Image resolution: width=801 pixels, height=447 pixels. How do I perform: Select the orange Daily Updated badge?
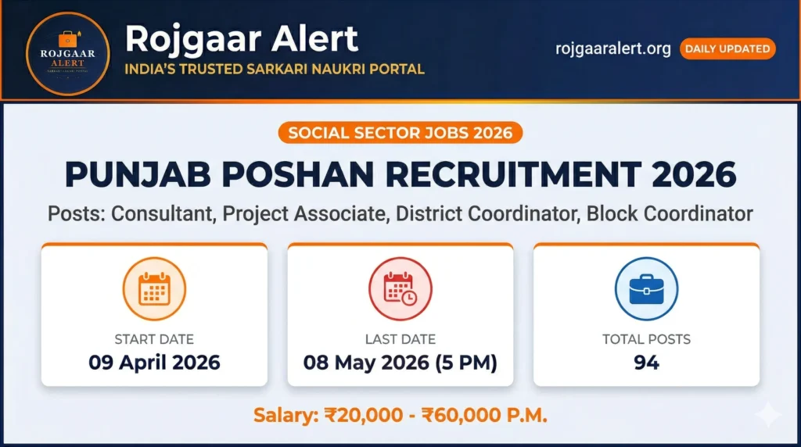point(727,48)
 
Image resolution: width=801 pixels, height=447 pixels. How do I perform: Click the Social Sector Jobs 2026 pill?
point(400,132)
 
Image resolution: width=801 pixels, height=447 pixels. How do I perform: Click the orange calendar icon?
point(154,289)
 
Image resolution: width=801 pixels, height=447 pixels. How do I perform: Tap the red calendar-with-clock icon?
point(400,289)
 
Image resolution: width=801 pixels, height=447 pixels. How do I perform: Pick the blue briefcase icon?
point(646,289)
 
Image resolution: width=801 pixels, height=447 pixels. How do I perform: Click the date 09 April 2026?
point(154,363)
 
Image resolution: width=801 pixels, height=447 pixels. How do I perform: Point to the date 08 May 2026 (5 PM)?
point(400,363)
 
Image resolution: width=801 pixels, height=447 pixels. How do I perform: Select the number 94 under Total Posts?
point(646,363)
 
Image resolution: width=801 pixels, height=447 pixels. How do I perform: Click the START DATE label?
point(154,339)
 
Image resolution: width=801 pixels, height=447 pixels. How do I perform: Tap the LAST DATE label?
point(400,339)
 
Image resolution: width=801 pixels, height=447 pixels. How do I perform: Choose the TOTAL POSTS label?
point(646,339)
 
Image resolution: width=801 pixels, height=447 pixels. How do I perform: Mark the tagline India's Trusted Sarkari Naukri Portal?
point(275,69)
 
